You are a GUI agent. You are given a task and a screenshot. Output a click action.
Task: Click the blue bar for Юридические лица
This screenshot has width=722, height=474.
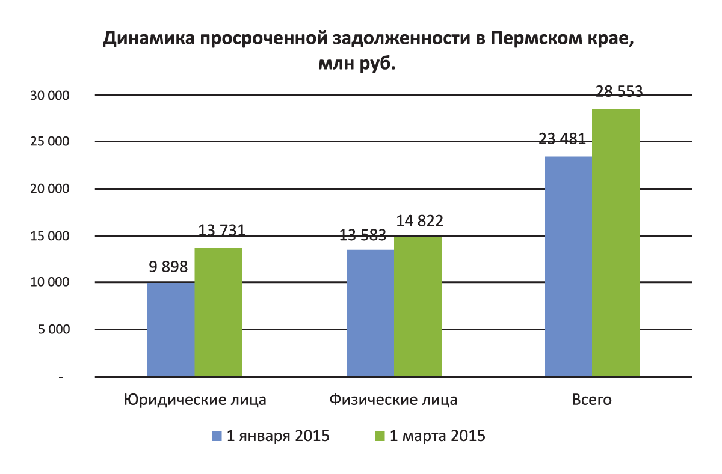[x=171, y=330]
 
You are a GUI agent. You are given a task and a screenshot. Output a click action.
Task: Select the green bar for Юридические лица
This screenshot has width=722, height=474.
[x=218, y=312]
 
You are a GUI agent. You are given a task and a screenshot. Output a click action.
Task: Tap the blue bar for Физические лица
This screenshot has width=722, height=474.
[x=371, y=313]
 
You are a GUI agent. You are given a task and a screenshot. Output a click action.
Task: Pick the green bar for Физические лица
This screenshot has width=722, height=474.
[x=418, y=307]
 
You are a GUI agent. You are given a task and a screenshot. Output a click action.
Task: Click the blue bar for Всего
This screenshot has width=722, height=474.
[x=568, y=267]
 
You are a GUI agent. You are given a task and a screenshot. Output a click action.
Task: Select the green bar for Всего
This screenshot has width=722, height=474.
[x=616, y=243]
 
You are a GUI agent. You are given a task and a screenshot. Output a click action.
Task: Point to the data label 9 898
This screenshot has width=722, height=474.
[x=169, y=266]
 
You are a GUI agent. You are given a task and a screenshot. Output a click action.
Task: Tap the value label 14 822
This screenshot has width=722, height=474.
[x=419, y=220]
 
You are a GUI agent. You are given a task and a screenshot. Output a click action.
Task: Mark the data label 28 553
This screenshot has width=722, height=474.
[x=619, y=92]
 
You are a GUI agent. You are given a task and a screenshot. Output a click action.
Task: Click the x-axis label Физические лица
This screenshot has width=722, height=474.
[x=393, y=400]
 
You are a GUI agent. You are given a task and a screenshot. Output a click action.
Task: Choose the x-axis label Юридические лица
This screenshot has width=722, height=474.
[x=195, y=400]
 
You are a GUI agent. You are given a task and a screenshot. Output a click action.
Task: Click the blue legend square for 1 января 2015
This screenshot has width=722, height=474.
[x=218, y=436]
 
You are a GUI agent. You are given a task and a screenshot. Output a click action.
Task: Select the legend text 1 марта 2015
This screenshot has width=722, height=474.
[x=437, y=436]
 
